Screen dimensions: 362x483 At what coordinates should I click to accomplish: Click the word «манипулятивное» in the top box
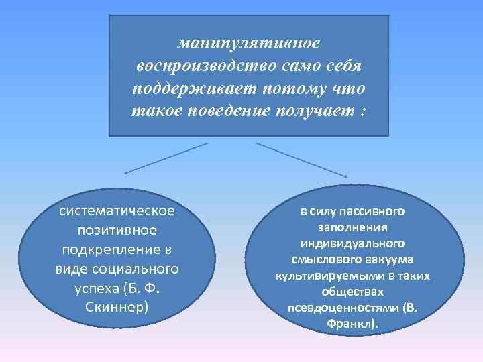click(x=249, y=42)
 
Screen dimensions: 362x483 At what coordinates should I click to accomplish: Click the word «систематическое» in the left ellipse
click(x=117, y=210)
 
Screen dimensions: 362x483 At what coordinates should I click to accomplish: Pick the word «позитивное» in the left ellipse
click(x=117, y=230)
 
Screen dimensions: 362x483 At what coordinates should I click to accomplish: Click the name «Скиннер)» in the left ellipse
click(x=117, y=308)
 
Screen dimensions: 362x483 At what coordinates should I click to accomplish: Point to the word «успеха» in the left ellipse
click(x=95, y=288)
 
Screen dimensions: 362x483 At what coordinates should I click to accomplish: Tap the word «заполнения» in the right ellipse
click(x=352, y=228)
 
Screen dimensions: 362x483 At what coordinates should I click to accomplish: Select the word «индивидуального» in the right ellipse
click(x=352, y=243)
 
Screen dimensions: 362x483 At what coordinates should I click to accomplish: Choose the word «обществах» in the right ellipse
click(x=352, y=292)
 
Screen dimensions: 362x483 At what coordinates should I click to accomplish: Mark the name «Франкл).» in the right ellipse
click(x=352, y=324)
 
